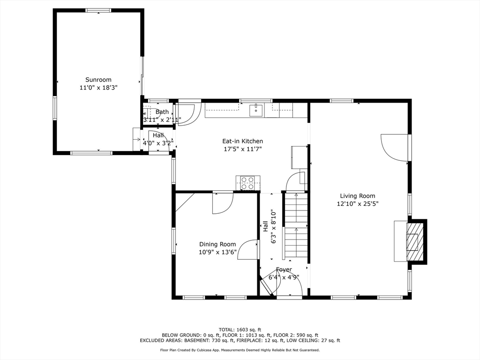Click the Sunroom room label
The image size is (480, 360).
pos(98,80)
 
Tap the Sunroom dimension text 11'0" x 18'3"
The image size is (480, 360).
pos(98,87)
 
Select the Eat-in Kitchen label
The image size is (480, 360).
pos(242,141)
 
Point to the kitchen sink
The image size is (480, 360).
pos(256,111)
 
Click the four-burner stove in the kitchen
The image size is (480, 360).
pos(247,183)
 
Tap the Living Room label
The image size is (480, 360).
pos(357,196)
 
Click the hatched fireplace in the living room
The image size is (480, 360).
pos(412,241)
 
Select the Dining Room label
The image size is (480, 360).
pos(217,244)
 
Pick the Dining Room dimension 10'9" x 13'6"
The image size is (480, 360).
pos(217,252)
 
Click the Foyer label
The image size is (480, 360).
pos(284,270)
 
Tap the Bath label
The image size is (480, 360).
pos(162,112)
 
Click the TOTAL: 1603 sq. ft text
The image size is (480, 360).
pos(240,329)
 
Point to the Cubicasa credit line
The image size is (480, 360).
pos(240,350)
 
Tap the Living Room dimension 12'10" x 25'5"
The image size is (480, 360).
pos(357,203)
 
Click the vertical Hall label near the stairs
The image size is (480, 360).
pos(265,226)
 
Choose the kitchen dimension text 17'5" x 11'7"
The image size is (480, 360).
pos(242,149)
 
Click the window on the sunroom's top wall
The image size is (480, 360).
pos(98,10)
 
